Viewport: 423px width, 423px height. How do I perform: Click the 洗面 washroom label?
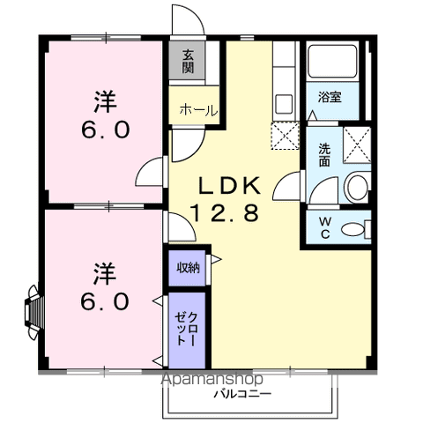coord(324,155)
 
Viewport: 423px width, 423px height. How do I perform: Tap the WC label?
coord(323,224)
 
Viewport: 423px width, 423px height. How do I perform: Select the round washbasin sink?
coord(357,186)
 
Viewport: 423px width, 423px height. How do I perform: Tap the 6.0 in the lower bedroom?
coord(106,300)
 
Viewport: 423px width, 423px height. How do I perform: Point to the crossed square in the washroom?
coord(356,141)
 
